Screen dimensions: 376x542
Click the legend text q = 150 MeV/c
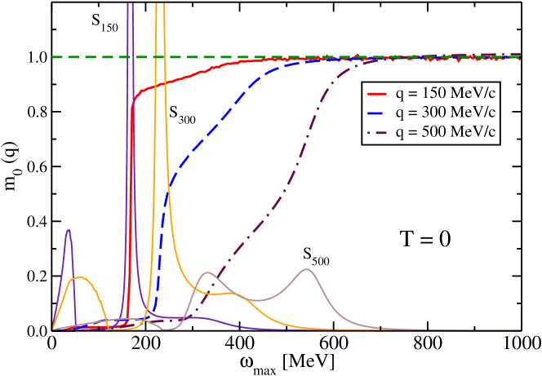446,91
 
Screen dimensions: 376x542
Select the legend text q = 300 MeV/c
446,111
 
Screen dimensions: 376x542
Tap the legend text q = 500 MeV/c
446,130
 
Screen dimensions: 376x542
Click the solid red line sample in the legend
379,91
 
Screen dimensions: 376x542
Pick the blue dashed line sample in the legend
379,111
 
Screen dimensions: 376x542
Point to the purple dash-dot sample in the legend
379,130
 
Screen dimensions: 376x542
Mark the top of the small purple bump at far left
69,230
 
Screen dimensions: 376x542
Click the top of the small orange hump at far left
80,277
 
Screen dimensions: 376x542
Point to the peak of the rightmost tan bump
307,268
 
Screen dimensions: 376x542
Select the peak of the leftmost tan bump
208,272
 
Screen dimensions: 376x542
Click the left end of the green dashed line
54,57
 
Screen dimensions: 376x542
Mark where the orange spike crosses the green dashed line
160,57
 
